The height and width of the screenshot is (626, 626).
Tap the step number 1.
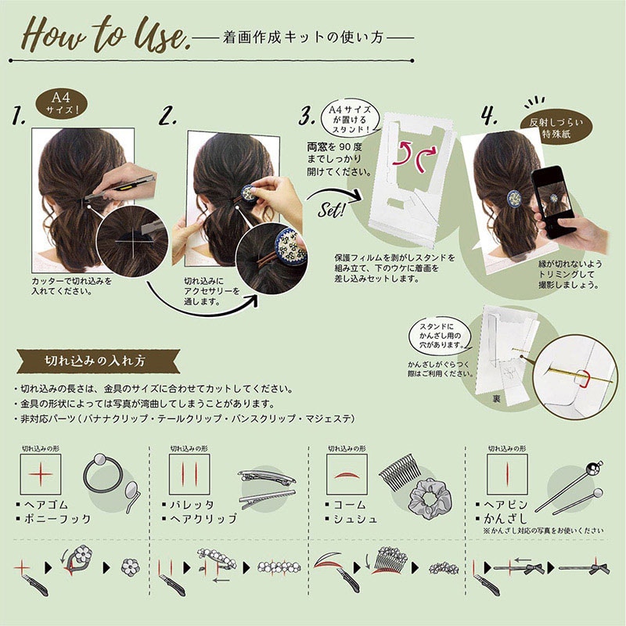(21, 117)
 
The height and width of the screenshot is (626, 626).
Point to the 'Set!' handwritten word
(333, 210)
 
